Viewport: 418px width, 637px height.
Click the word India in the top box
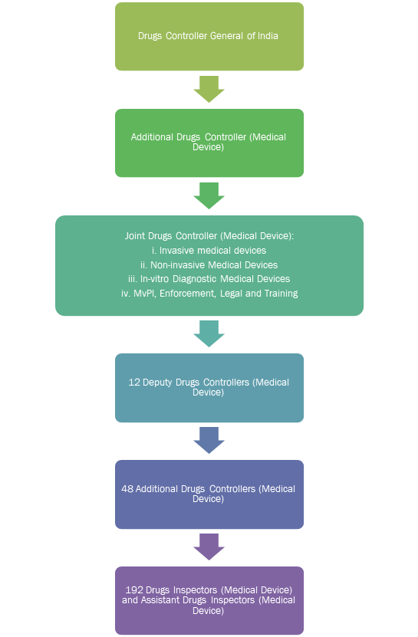[x=268, y=36]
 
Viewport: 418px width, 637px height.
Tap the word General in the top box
[x=226, y=36]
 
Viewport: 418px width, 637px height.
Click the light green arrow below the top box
[x=209, y=89]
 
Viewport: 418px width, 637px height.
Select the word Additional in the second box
[x=146, y=137]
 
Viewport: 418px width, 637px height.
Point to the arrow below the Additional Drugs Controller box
[x=209, y=195]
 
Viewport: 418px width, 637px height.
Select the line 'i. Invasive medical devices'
[x=209, y=250]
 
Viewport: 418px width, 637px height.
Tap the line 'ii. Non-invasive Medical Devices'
[x=209, y=265]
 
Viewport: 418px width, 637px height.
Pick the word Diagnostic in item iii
[x=195, y=279]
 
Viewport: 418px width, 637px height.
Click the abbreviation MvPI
[x=144, y=294]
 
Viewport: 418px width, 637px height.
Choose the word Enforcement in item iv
[x=187, y=294]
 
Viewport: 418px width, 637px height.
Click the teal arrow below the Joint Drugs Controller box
[x=209, y=333]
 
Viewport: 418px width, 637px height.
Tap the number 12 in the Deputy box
[x=133, y=383]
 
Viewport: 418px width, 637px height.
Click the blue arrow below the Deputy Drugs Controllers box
[x=209, y=440]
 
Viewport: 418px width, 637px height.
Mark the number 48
[x=127, y=489]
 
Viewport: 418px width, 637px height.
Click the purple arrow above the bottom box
[x=209, y=547]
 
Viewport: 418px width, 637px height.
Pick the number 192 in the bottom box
[x=133, y=590]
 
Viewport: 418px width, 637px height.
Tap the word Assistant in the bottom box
[x=158, y=600]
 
